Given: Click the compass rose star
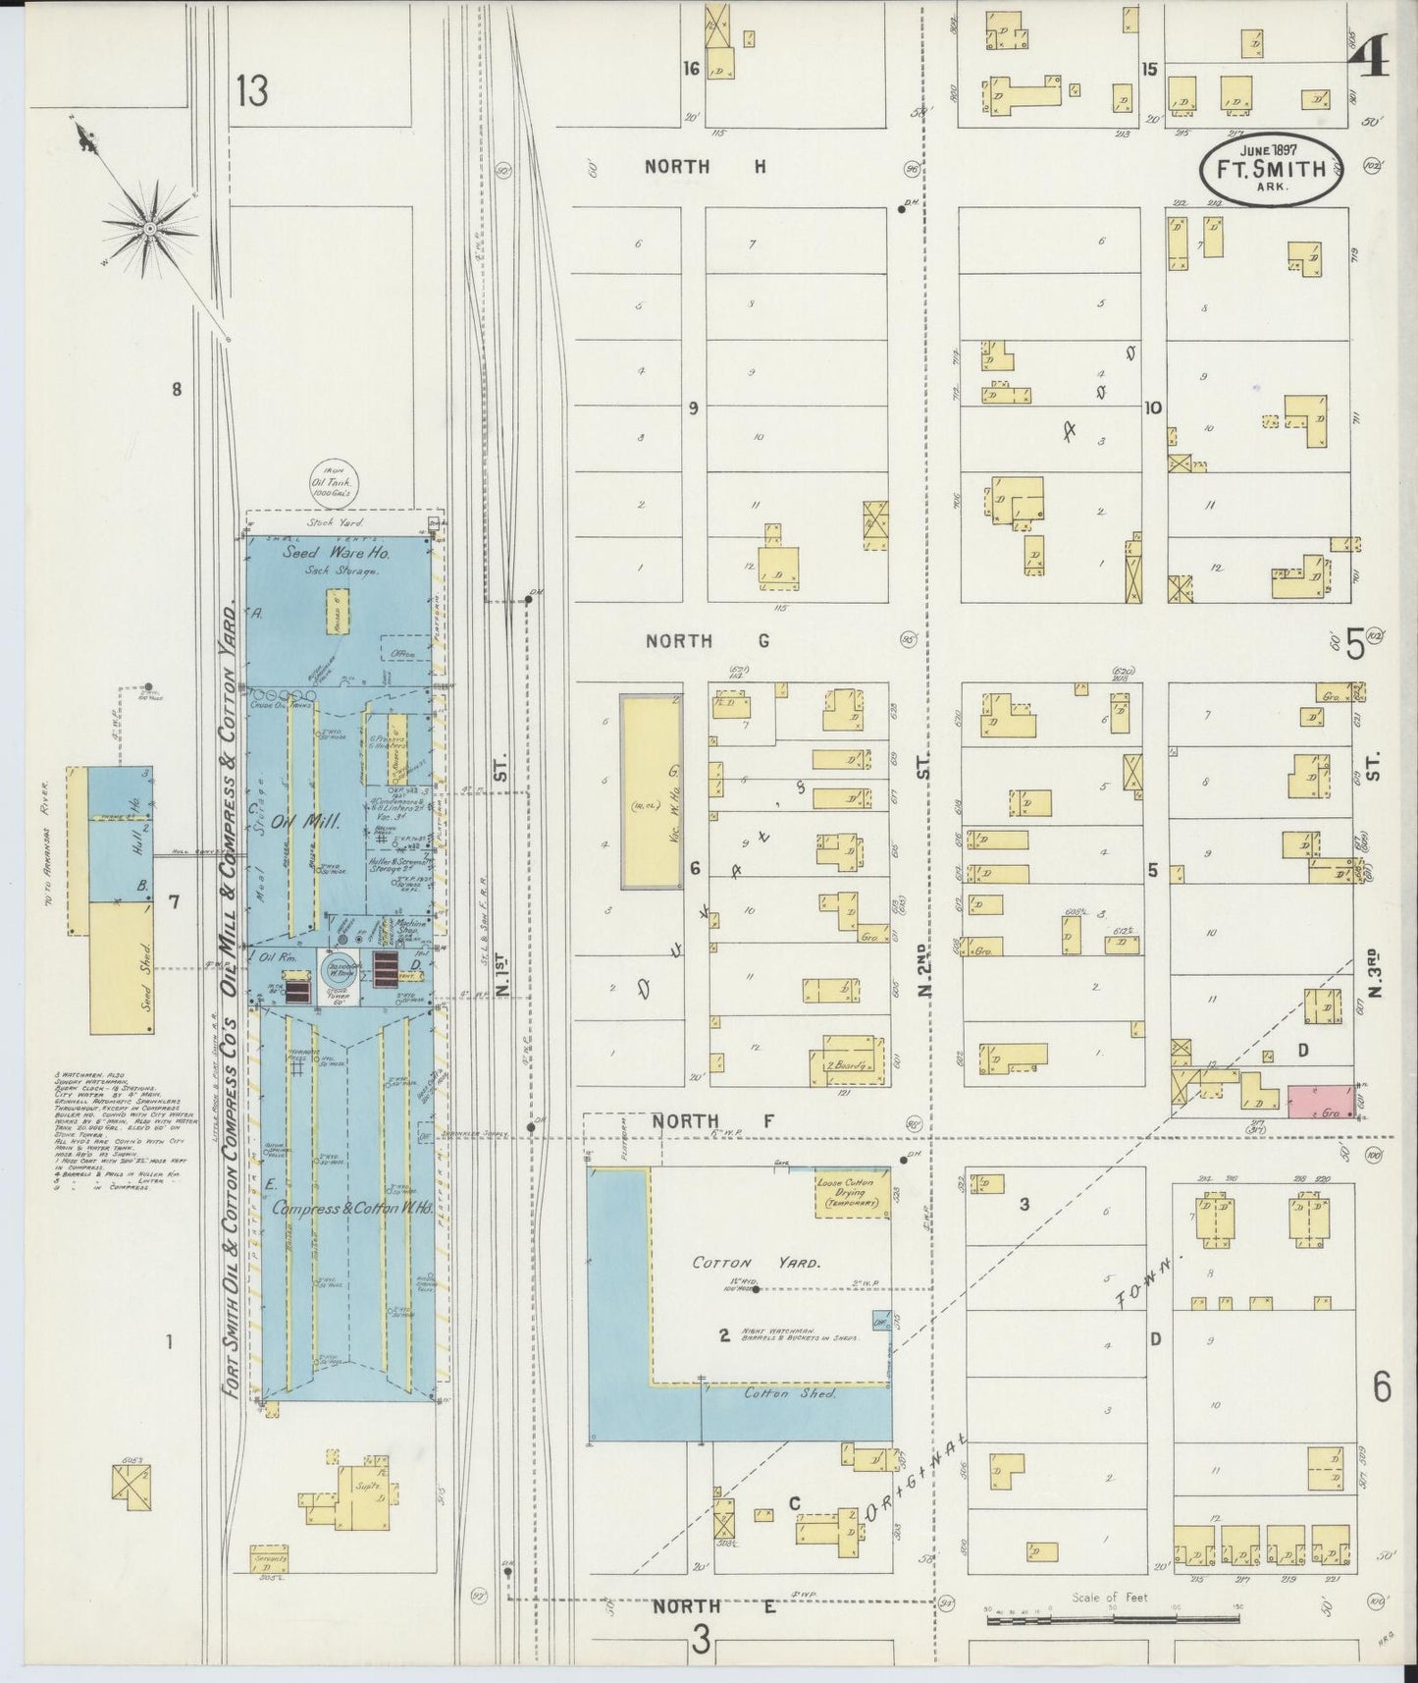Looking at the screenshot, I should pyautogui.click(x=150, y=229).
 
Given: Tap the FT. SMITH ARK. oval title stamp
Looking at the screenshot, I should pyautogui.click(x=1270, y=168).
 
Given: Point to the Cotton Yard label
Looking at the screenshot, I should pyautogui.click(x=756, y=1263).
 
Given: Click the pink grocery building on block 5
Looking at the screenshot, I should pyautogui.click(x=1321, y=1101).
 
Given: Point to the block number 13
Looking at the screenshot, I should pyautogui.click(x=251, y=91).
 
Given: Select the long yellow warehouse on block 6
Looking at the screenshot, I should pyautogui.click(x=651, y=791).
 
